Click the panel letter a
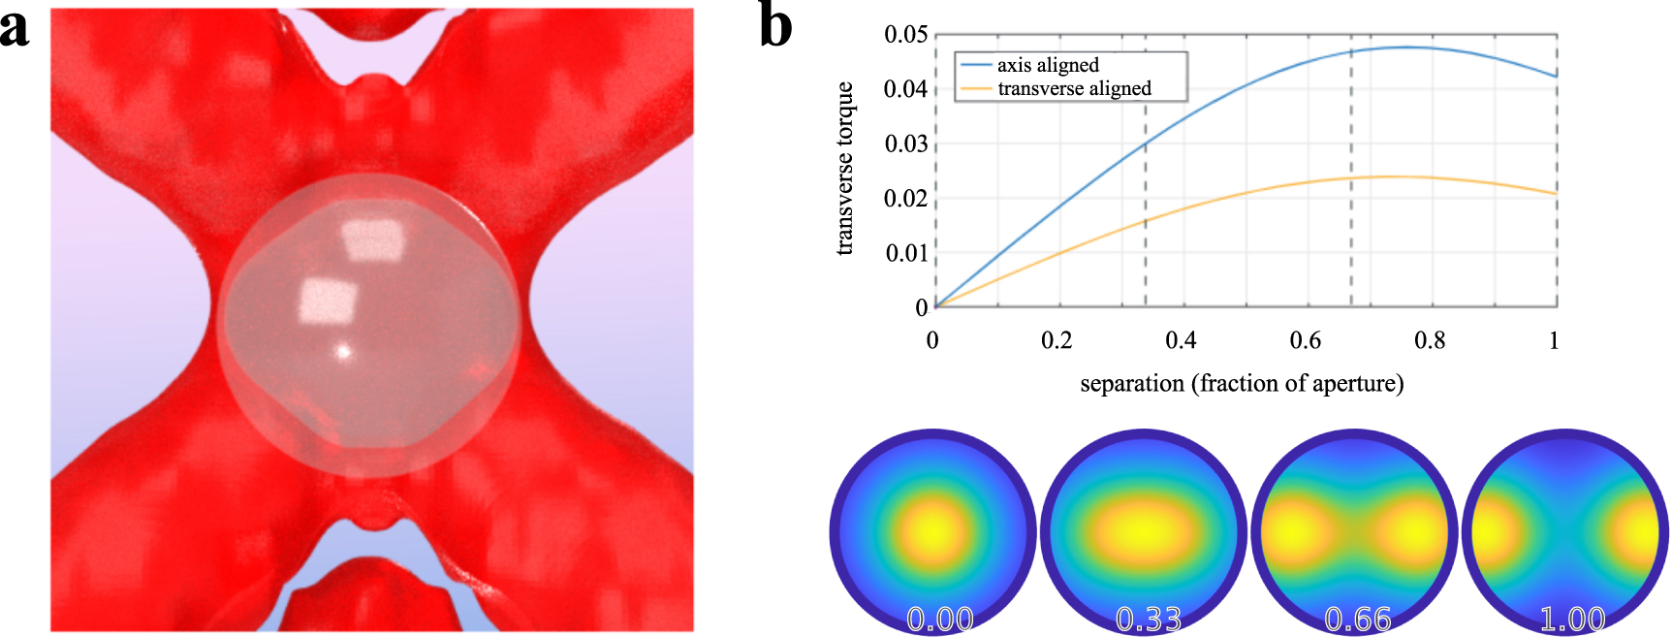16,26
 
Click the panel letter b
775,26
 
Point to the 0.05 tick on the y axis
906,35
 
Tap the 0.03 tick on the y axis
906,144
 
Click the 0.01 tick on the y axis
906,253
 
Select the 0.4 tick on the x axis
1181,340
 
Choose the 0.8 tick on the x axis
1430,340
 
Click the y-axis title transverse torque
844,169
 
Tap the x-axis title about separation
1242,383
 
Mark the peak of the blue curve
1407,47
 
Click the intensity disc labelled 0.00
932,531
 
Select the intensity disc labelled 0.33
1144,531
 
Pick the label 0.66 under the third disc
1357,618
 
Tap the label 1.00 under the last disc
1572,618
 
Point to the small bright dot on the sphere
342,352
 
